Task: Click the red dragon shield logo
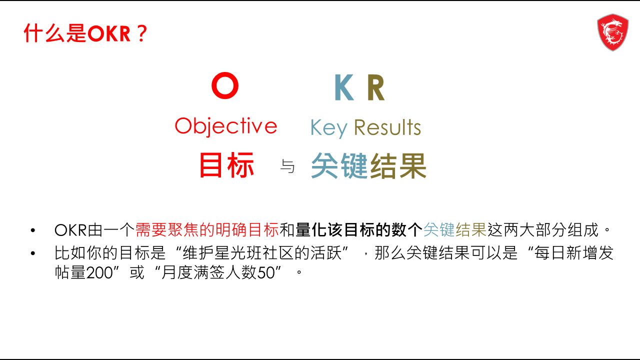tap(612, 32)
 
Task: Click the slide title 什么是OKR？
tap(85, 33)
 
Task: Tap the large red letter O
tap(225, 85)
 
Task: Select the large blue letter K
tap(344, 87)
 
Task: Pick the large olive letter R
tap(376, 87)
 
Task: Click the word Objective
tap(226, 126)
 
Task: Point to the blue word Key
tap(329, 128)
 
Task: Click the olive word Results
tap(387, 127)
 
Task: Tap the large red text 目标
tap(226, 165)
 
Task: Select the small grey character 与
tap(287, 166)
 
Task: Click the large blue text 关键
tap(339, 165)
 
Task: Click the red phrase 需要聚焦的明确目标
tap(207, 229)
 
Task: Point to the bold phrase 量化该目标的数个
tap(359, 229)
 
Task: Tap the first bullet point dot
tap(33, 230)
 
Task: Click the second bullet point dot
tap(33, 253)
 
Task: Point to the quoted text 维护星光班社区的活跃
tap(262, 253)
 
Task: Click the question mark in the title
tap(141, 33)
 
